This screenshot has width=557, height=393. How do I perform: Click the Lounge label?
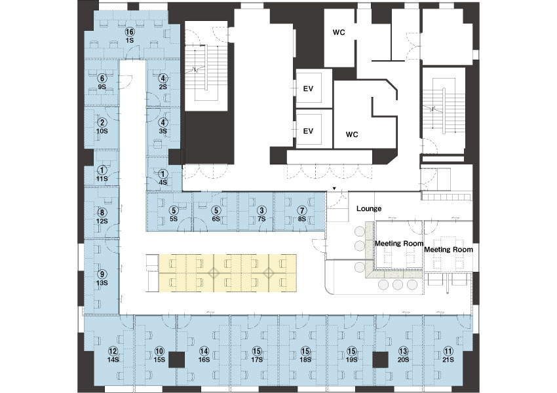point(369,208)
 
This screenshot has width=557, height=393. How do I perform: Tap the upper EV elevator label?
point(308,88)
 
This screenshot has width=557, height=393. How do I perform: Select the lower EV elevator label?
point(308,131)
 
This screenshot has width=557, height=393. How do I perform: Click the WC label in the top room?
point(339,32)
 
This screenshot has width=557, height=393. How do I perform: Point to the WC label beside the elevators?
point(352,134)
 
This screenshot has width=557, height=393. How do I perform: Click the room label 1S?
point(129,40)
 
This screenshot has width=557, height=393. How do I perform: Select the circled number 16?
point(129,32)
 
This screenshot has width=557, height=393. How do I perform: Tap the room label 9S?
point(102,86)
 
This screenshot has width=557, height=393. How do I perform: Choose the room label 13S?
point(102,283)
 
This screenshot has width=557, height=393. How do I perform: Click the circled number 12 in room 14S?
point(113,352)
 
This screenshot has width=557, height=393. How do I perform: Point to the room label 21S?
point(448,360)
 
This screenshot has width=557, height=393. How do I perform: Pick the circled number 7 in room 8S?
point(302,211)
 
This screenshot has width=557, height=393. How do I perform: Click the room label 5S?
point(174,219)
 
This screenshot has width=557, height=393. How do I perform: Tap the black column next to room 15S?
point(176,360)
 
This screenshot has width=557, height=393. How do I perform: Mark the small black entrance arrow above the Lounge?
point(334,188)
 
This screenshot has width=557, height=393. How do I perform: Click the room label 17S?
point(257,360)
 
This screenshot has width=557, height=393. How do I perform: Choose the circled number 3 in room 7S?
point(262,211)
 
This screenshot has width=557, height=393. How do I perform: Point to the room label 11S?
point(102,179)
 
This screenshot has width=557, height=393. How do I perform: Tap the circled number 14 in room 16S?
point(204,352)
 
